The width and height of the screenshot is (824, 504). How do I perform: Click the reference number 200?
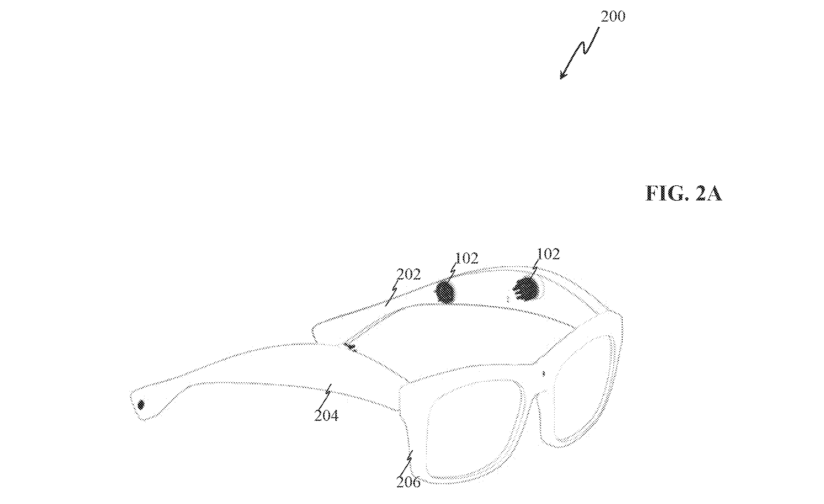[x=613, y=16]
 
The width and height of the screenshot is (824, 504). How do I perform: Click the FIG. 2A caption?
[x=683, y=194]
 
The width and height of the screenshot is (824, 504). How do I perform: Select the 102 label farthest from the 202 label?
[x=548, y=254]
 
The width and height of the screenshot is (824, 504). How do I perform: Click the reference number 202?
[x=409, y=275]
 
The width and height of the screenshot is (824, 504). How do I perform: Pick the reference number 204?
[x=326, y=415]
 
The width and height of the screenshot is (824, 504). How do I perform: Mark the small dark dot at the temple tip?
[x=141, y=405]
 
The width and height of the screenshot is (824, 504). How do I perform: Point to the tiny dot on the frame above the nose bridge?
[x=543, y=373]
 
